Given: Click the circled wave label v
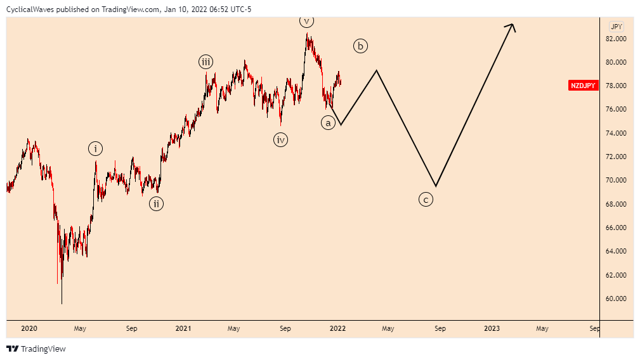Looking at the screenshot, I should (x=307, y=21).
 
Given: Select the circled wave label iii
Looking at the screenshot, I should (x=206, y=61).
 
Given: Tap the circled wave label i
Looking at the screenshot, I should (x=95, y=149).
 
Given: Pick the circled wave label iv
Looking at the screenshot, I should (x=281, y=139).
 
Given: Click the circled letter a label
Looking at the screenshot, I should (x=328, y=123).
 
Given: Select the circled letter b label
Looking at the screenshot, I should (x=360, y=46).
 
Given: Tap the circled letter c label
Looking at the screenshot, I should (x=426, y=200).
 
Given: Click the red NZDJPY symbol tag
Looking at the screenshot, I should (x=584, y=86).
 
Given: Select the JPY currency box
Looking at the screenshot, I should (x=616, y=27).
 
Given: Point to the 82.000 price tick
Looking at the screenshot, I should (x=616, y=39).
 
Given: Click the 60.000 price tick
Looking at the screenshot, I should (x=616, y=299).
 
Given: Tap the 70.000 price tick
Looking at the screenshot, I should (x=616, y=180).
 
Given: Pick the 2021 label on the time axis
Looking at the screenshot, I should (x=183, y=328).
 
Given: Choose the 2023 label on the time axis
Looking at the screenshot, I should (x=492, y=328).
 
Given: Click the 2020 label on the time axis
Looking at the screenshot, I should (x=29, y=328).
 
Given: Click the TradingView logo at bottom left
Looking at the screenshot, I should (x=36, y=349).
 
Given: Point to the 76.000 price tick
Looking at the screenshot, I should (x=616, y=109).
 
